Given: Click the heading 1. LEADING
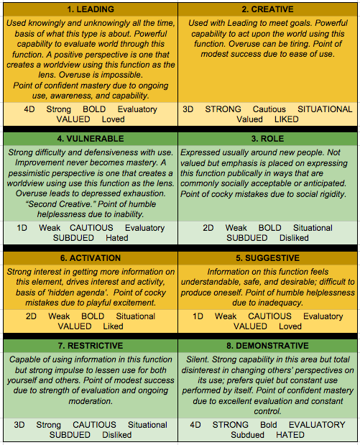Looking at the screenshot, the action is (89, 11).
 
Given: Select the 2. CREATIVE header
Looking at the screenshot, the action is (269, 11).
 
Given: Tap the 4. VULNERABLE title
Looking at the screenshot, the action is (89, 138).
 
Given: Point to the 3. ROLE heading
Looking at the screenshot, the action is (269, 138).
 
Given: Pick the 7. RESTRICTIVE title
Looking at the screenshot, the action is (89, 346).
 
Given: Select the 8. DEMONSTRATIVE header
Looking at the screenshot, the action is (269, 346).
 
